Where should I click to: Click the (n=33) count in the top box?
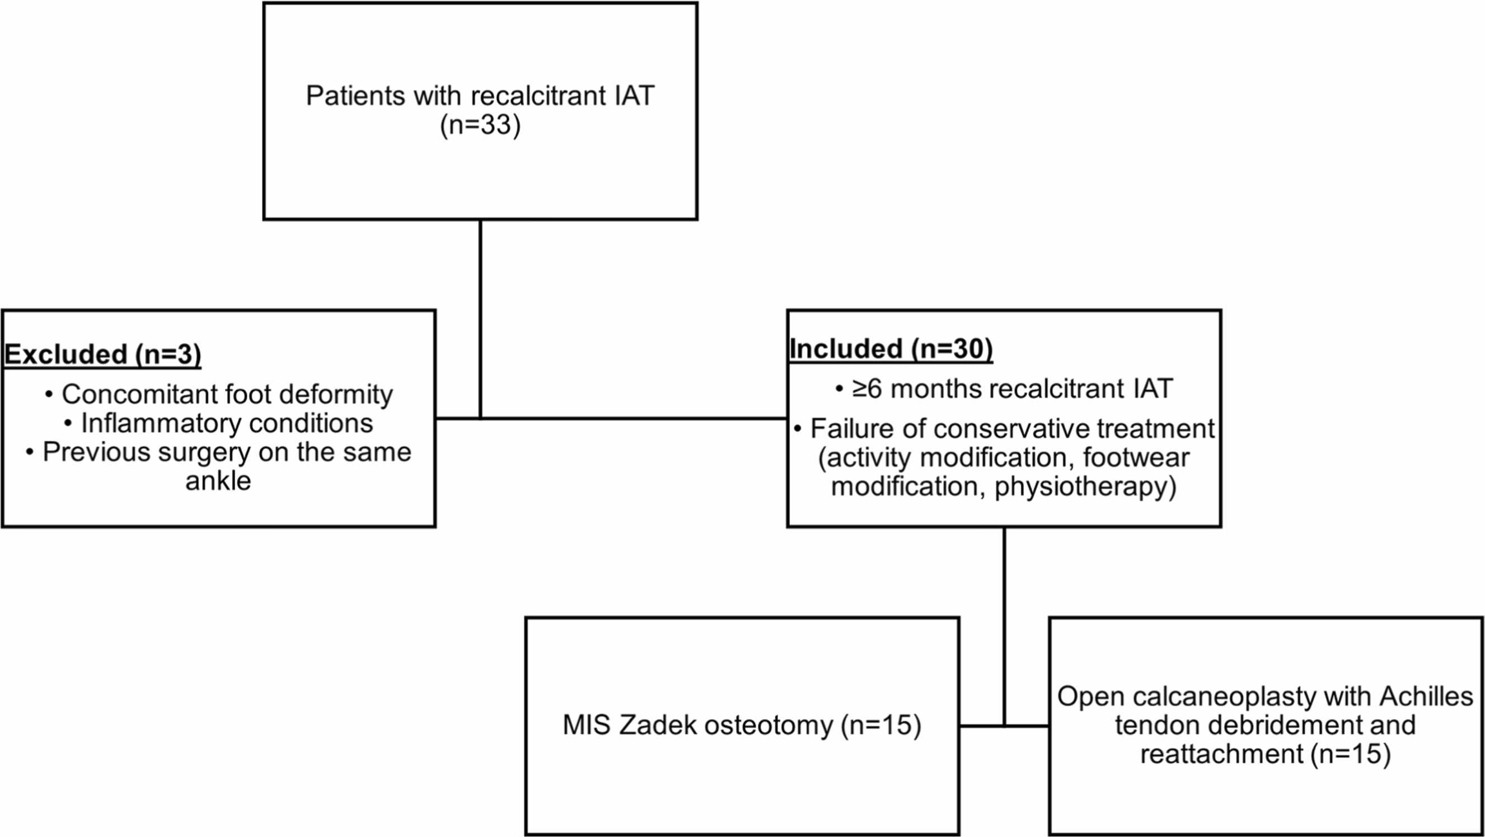click(x=480, y=125)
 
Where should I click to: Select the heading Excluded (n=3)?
click(x=102, y=354)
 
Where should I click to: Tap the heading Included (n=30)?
click(x=891, y=349)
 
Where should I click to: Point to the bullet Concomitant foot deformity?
click(x=219, y=395)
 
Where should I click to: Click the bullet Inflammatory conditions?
click(x=219, y=424)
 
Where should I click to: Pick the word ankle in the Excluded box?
click(x=218, y=481)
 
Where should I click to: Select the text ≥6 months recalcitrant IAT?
click(x=1004, y=389)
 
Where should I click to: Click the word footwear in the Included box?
click(x=1136, y=458)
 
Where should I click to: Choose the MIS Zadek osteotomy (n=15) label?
click(x=742, y=725)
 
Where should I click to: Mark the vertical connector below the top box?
click(x=480, y=319)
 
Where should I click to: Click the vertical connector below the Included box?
click(x=1004, y=626)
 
